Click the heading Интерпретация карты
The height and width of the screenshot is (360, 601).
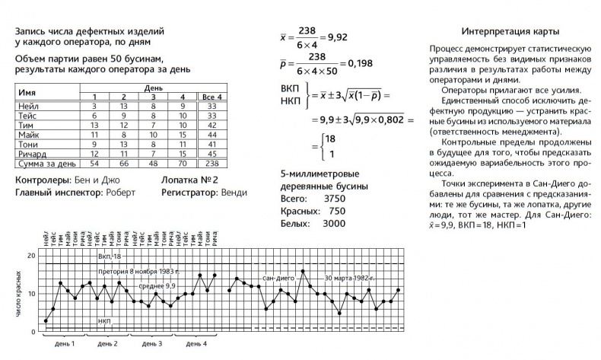pos(510,32)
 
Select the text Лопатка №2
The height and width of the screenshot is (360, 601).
pos(189,180)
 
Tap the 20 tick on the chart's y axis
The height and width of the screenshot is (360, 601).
pos(31,255)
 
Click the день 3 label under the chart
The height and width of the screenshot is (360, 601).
pos(151,344)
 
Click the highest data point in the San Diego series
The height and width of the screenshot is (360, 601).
pos(303,271)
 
